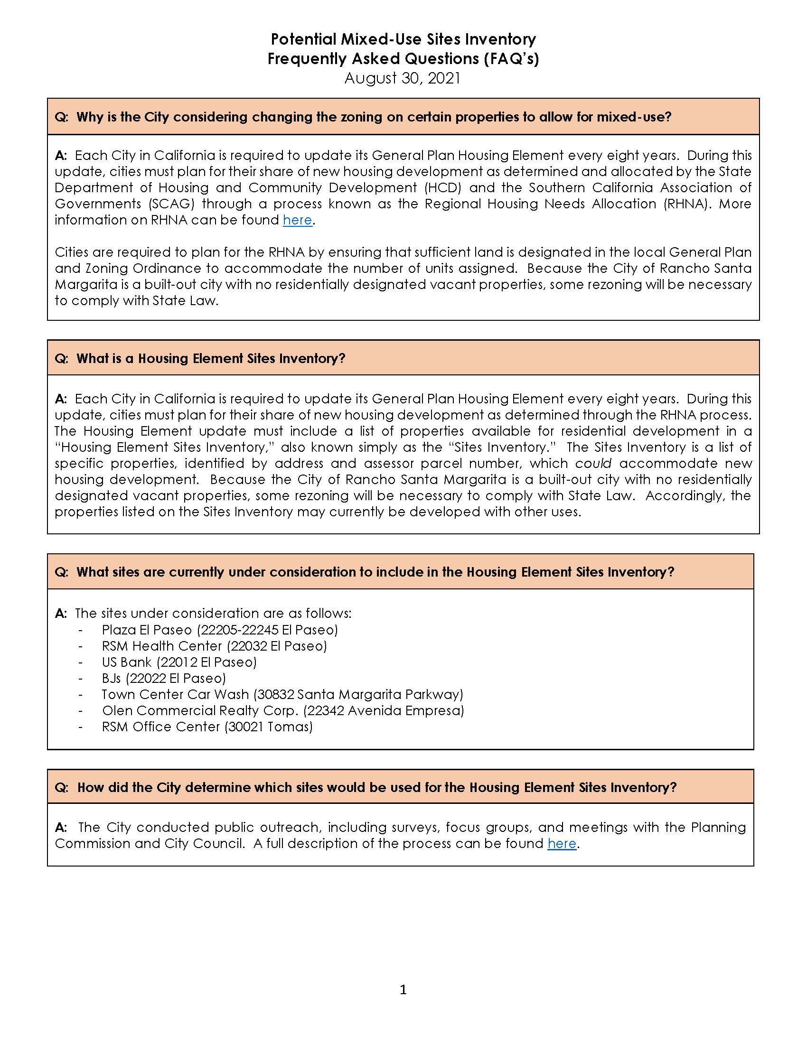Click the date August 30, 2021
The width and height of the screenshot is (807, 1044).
pyautogui.click(x=403, y=78)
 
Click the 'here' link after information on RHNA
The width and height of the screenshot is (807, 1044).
pyautogui.click(x=297, y=220)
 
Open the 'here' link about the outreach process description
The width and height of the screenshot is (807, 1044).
pyautogui.click(x=562, y=844)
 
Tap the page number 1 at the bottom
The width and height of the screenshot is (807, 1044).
pyautogui.click(x=403, y=989)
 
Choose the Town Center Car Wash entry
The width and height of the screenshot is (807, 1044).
pyautogui.click(x=176, y=694)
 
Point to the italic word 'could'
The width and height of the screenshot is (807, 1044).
pyautogui.click(x=593, y=463)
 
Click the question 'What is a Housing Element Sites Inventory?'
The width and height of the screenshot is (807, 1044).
pyautogui.click(x=211, y=358)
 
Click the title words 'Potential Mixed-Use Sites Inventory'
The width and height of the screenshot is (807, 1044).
pyautogui.click(x=403, y=39)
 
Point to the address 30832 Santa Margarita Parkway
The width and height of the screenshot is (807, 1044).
pyautogui.click(x=358, y=694)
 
